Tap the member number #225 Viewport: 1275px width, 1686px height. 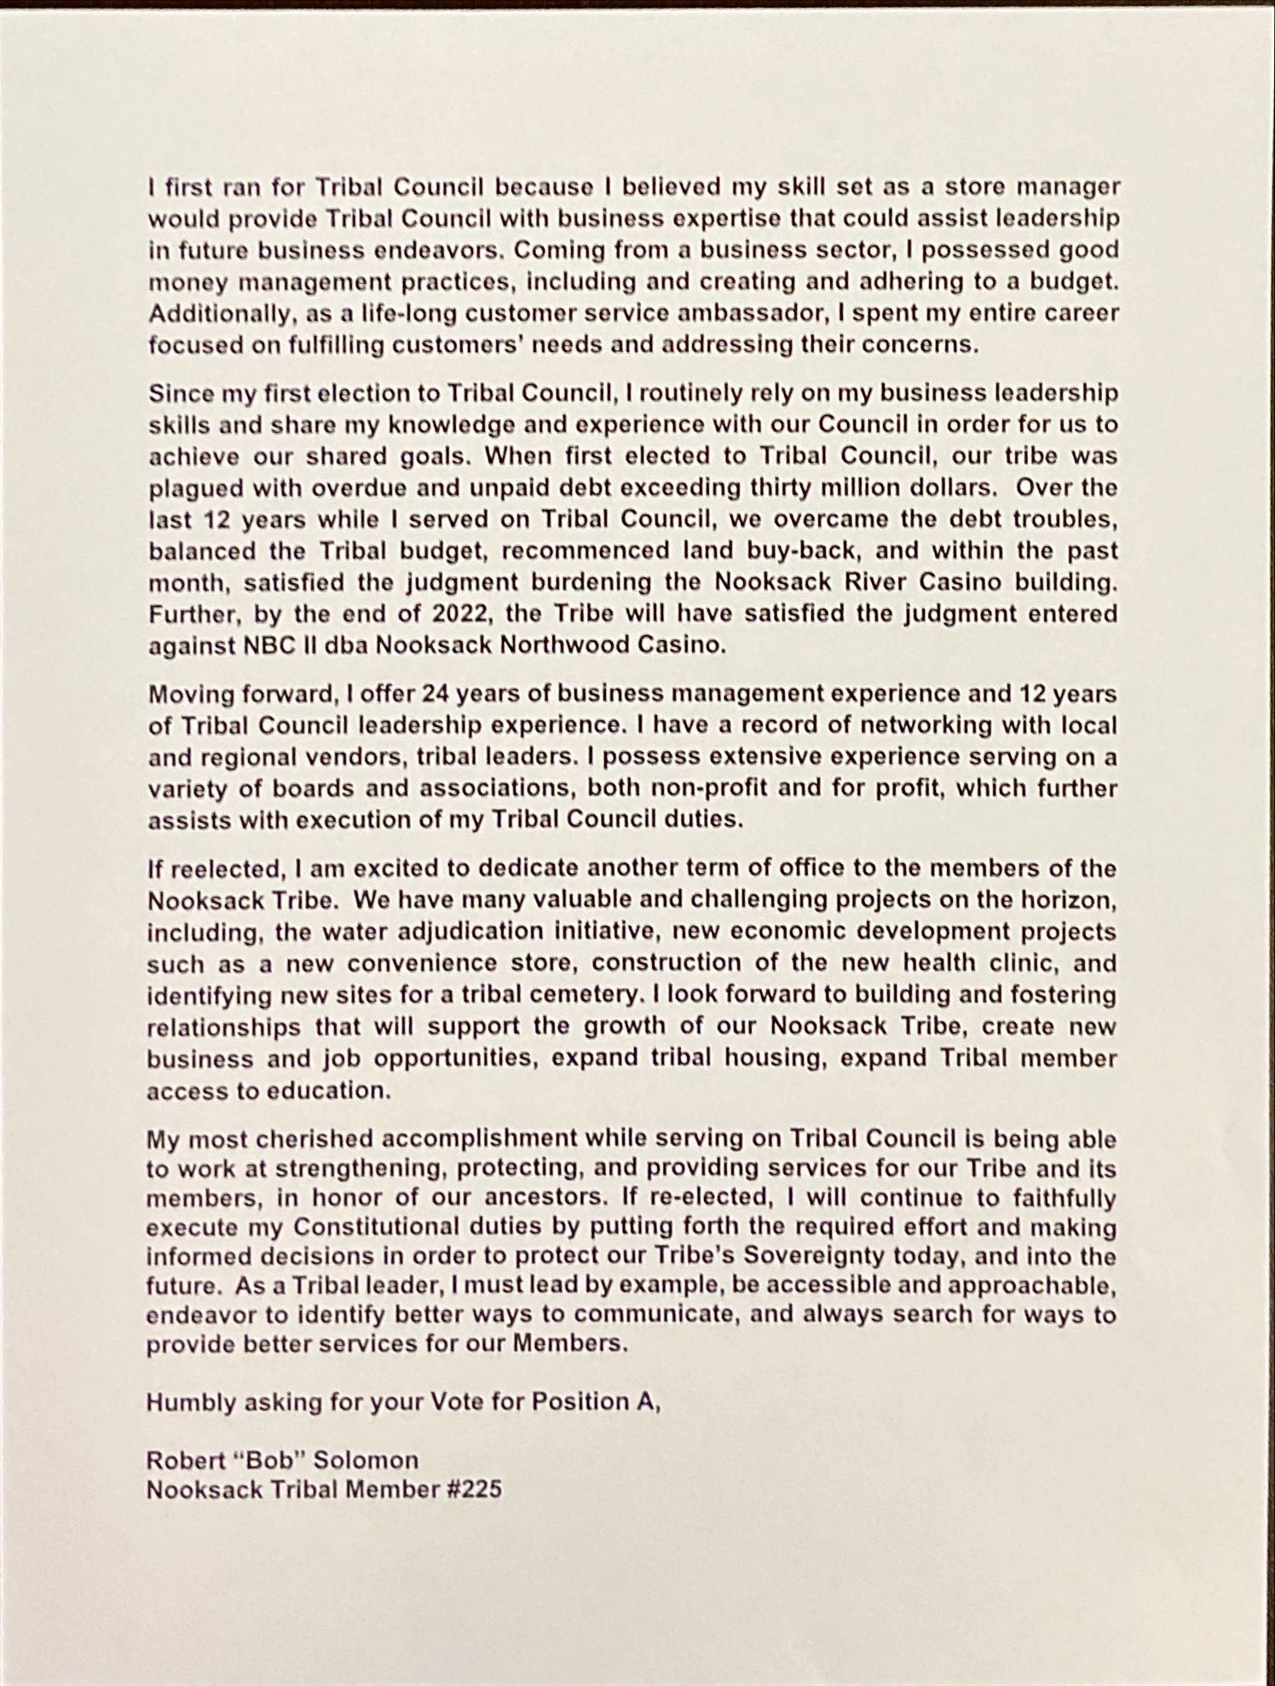click(x=475, y=1490)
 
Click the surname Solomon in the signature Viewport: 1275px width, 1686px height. click(x=366, y=1460)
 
